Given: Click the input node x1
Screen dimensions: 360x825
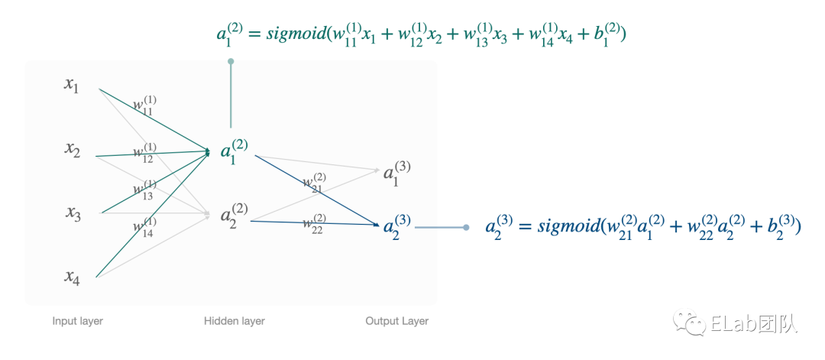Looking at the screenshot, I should (72, 85).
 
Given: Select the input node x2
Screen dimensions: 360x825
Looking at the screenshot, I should (72, 150).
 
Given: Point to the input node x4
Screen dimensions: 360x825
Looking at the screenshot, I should (73, 278).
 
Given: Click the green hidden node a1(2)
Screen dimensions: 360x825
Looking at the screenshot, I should (234, 152).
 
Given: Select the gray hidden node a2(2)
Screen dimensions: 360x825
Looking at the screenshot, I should (234, 216).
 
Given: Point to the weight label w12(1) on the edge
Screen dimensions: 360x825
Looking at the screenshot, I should (144, 153).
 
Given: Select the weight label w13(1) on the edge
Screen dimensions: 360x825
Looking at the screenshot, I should (144, 190).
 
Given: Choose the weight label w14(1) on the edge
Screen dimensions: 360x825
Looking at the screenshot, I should (144, 228).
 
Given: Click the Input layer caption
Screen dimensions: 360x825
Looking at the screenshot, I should (77, 321).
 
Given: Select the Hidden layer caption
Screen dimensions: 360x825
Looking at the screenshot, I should (234, 321).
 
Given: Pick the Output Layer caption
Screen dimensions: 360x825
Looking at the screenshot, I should (396, 321).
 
